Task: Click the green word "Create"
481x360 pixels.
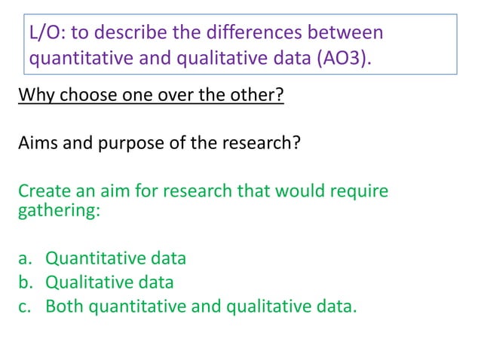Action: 44,191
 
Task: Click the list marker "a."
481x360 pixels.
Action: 25,258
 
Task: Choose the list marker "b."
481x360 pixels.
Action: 25,282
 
